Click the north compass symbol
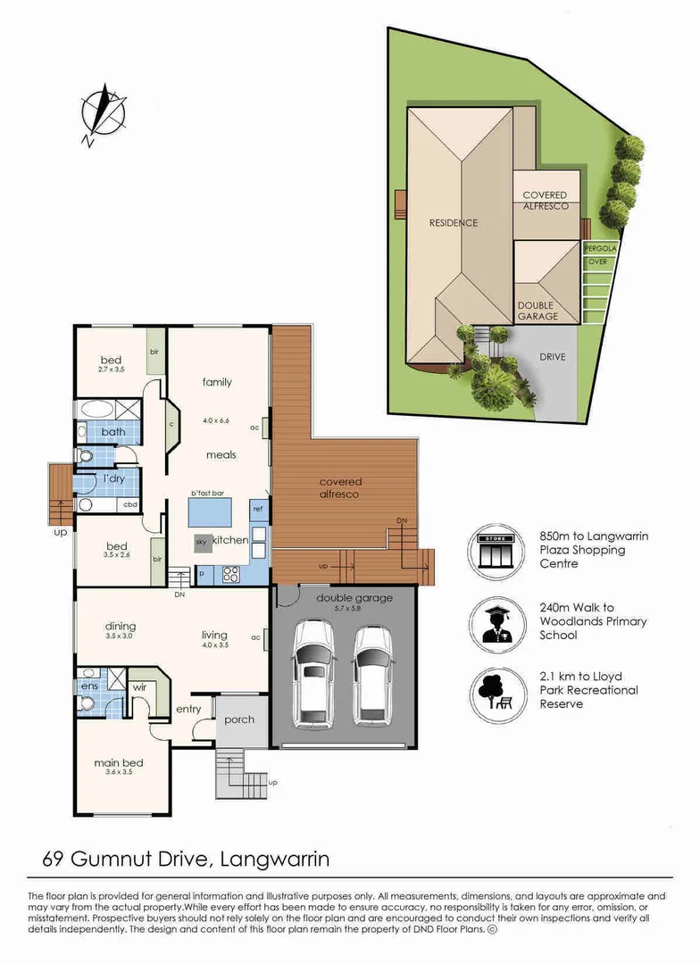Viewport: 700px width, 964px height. coord(102,113)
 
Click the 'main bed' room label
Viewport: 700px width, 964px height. coord(119,763)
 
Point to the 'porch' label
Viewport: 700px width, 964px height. coord(239,719)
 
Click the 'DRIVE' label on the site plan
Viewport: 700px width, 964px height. coord(553,357)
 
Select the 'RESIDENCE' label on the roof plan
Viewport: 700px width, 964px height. coord(454,223)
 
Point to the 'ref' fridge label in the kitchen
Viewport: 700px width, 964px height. coord(258,509)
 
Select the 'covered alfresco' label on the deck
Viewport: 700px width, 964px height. coord(340,488)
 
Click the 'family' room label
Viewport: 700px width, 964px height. coord(217,382)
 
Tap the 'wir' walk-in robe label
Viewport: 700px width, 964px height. coord(139,688)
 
